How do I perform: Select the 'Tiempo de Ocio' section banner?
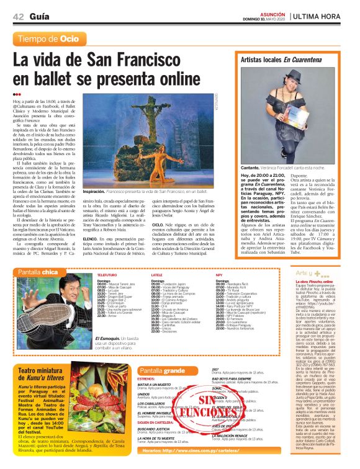point(49,39)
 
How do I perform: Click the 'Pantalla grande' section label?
point(161,371)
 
